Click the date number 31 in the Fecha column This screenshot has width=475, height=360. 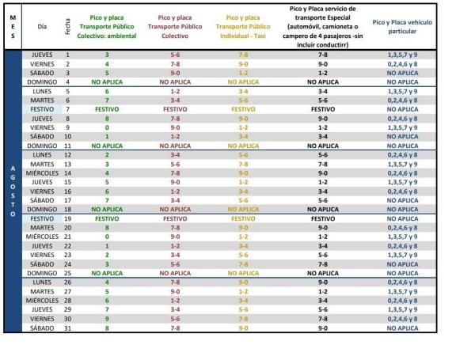click(x=68, y=328)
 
